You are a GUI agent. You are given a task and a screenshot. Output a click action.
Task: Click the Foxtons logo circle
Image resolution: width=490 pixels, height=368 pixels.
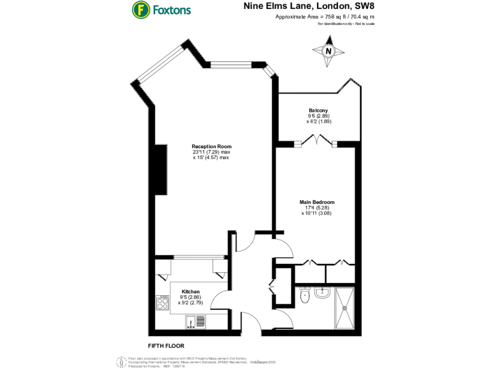[x=140, y=10]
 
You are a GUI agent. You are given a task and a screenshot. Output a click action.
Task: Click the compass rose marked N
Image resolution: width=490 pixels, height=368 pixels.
[x=329, y=52]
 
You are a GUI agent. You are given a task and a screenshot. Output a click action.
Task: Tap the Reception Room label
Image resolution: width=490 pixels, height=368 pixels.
[x=211, y=146]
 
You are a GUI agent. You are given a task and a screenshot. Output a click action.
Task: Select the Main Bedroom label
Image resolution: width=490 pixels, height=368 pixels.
[x=317, y=202]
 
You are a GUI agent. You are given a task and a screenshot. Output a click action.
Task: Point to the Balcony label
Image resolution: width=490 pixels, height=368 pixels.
[x=318, y=110]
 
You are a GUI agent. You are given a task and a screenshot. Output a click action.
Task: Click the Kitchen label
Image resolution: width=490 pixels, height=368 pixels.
[x=191, y=291]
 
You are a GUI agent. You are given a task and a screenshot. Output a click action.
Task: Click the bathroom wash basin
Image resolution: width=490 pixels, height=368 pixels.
[x=322, y=293]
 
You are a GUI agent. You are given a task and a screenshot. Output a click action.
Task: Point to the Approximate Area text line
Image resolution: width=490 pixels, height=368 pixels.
[x=325, y=17]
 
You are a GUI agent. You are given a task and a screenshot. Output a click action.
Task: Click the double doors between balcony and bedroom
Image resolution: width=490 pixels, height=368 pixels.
[x=315, y=142]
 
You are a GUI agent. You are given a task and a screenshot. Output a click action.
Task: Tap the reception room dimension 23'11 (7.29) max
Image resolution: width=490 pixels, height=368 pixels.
[x=211, y=152]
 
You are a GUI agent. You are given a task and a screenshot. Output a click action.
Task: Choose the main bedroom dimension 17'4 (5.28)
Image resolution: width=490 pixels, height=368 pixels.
[x=317, y=208]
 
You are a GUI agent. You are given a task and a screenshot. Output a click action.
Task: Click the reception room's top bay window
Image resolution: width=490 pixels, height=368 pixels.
[x=232, y=63]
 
